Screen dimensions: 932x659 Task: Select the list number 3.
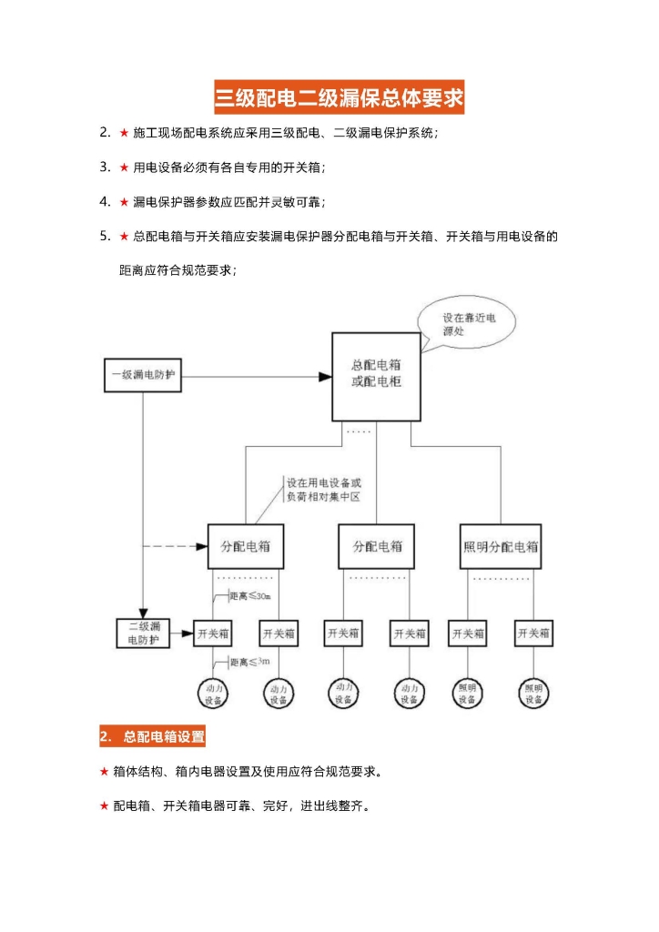tap(105, 167)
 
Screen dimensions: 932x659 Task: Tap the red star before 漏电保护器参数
tap(124, 201)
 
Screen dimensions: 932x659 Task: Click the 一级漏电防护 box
tap(142, 374)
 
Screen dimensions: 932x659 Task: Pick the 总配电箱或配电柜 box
tap(376, 376)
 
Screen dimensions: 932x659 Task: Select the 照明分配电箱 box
tap(501, 547)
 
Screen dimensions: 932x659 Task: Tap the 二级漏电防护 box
tap(143, 633)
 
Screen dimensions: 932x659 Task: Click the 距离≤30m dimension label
tap(248, 596)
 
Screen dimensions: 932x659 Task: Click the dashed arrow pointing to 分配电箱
tap(173, 546)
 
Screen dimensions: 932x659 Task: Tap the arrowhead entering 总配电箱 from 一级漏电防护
tap(324, 375)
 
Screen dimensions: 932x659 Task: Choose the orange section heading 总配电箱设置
tap(152, 735)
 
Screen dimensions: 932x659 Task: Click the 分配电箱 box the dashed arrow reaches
tap(245, 547)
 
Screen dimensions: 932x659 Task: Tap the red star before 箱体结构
tap(105, 772)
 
